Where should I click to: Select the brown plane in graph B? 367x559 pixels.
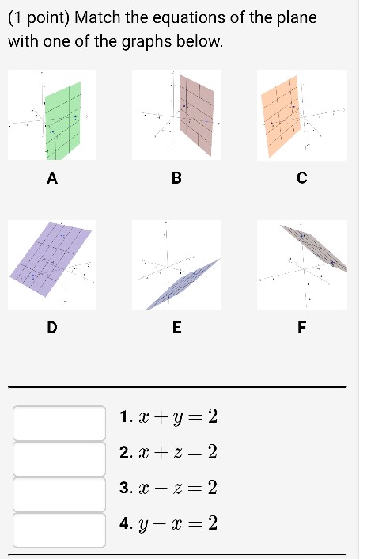[x=195, y=110]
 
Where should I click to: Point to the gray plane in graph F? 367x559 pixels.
[x=315, y=249]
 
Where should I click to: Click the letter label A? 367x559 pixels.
[x=52, y=179]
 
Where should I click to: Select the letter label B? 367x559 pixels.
[x=176, y=179]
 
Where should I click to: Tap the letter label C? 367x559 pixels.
[x=301, y=179]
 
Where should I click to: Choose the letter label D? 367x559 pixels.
[x=52, y=325]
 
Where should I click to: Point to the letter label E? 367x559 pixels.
[x=176, y=325]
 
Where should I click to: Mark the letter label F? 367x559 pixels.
[x=301, y=325]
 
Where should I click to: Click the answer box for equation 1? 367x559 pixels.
[x=59, y=423]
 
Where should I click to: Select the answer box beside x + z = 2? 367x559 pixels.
[x=59, y=458]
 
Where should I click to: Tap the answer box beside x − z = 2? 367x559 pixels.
[x=59, y=494]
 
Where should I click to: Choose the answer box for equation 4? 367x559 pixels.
[x=59, y=530]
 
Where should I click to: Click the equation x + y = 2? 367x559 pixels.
[x=176, y=417]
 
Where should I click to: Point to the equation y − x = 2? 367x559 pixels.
[x=176, y=524]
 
